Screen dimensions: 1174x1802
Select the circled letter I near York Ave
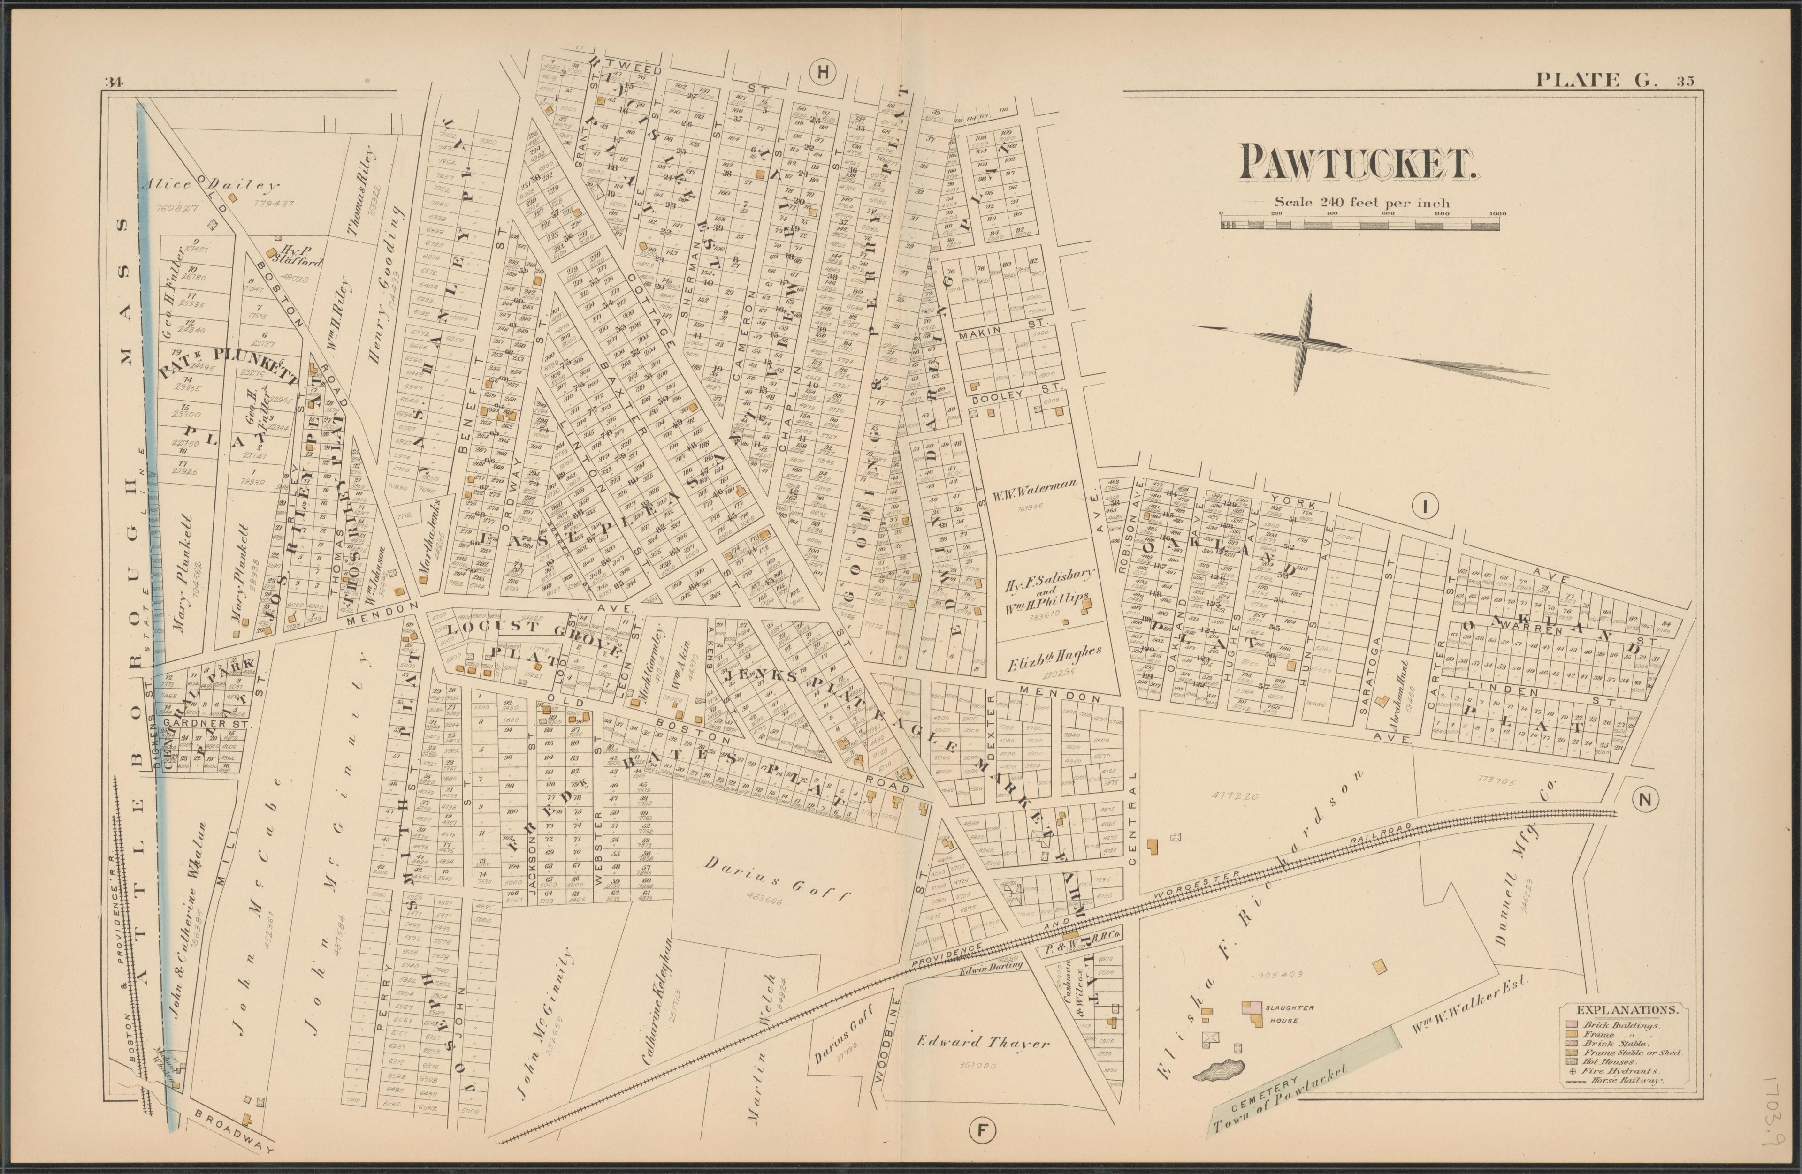(1425, 507)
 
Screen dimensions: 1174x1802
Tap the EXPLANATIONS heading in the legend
(1617, 1010)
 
